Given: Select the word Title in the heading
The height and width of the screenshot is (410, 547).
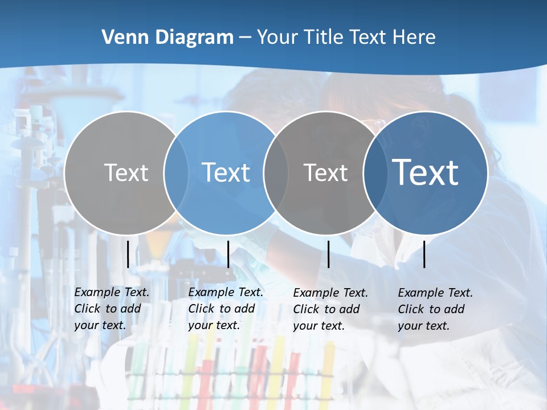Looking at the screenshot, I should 324,38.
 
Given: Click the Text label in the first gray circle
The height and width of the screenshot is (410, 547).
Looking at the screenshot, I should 126,173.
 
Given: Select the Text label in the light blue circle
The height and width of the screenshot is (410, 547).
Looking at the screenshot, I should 226,173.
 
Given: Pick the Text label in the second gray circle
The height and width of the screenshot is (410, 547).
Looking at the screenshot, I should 325,173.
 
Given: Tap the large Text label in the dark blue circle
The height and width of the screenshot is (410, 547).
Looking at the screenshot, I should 426,173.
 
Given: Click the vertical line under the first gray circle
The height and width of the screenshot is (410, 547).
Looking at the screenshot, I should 128,254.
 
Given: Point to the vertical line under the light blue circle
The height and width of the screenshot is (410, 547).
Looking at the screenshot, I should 228,254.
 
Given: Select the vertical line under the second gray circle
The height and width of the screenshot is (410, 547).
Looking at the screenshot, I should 328,254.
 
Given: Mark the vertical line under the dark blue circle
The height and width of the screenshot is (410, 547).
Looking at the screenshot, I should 424,254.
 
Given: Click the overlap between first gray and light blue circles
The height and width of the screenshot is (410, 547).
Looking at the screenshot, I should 176,173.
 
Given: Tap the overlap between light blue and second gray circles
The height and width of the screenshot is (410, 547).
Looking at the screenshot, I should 276,173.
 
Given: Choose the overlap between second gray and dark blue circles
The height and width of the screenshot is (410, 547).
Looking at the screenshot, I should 375,173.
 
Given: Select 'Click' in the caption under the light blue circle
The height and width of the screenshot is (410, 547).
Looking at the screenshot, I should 201,309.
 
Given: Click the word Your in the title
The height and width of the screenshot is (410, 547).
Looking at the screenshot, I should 277,38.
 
